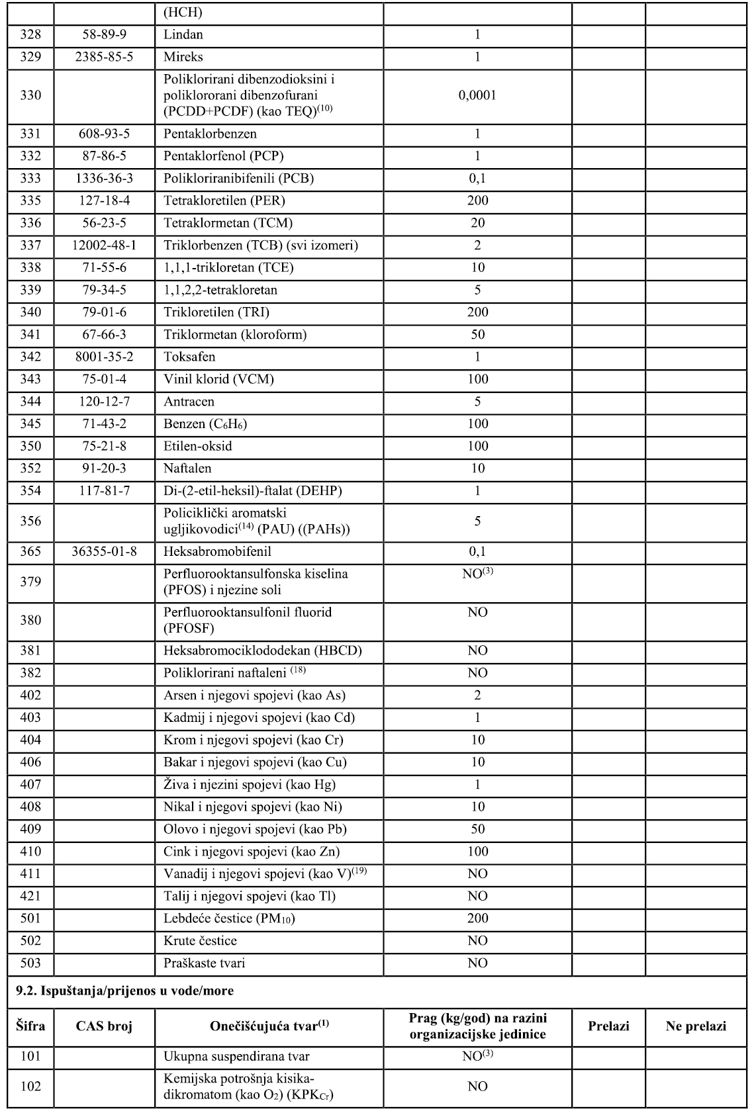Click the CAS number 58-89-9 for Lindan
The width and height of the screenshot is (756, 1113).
(104, 34)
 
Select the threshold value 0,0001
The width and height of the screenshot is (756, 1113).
(477, 95)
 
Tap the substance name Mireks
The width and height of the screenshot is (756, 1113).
(183, 57)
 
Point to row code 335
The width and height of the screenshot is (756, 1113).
(30, 200)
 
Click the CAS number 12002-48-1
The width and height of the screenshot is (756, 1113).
(104, 245)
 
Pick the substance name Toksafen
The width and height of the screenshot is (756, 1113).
(189, 357)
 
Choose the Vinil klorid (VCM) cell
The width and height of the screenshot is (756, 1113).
(218, 379)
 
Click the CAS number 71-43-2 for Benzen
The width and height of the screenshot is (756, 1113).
(104, 423)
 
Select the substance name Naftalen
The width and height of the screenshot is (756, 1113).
(188, 468)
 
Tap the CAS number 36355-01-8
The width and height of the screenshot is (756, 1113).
(104, 551)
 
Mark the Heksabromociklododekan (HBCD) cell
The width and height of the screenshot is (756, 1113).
(263, 650)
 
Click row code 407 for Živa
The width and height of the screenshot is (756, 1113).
(30, 784)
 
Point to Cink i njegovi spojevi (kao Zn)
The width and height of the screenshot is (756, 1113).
(256, 852)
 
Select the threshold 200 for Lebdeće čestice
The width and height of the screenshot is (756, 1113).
(477, 918)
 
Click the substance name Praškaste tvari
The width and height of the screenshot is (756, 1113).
(204, 963)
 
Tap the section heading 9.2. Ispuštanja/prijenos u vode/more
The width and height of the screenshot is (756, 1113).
(124, 991)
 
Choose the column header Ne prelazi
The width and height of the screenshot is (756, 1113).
(696, 1026)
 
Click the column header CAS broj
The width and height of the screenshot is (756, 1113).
(104, 1026)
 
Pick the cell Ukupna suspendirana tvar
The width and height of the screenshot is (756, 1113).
(236, 1057)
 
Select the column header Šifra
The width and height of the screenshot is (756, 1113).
(30, 1026)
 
